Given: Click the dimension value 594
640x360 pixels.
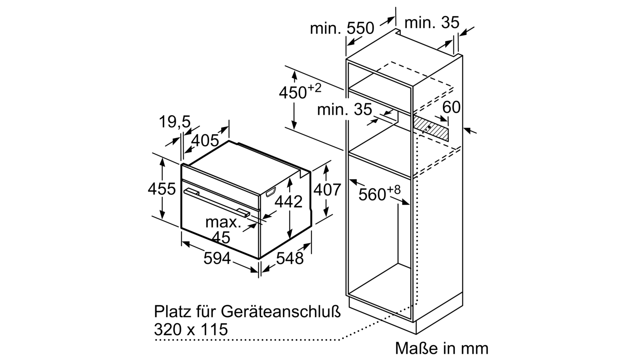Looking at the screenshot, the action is [217, 258].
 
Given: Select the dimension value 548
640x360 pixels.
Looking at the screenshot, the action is [290, 258].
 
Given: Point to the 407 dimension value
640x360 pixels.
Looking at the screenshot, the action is [327, 189].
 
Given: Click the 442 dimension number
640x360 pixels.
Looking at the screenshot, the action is [288, 202].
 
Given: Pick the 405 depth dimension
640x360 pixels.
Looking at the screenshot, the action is [205, 140].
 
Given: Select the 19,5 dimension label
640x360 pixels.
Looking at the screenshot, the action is [174, 122].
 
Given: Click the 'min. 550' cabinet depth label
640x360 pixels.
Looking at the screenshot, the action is [342, 28].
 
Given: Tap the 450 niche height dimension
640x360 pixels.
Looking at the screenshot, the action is [300, 91].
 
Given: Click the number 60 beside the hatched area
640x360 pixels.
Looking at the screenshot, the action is [452, 107].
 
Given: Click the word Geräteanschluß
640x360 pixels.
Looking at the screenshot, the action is [281, 312].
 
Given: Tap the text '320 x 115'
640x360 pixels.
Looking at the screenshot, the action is [191, 329].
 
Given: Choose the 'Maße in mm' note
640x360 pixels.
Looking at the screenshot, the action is [442, 348].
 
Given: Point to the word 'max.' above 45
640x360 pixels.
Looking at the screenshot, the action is [223, 222].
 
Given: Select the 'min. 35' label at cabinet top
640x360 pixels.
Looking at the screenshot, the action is [432, 22].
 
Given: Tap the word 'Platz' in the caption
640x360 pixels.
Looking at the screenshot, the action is [172, 311].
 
